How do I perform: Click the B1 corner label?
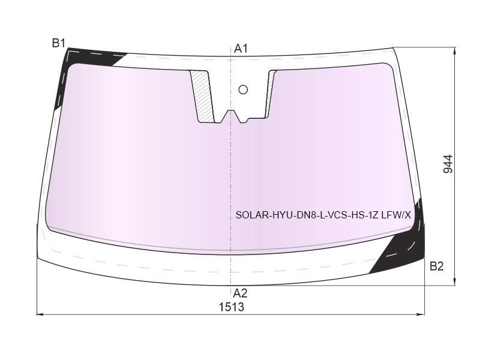click(58, 43)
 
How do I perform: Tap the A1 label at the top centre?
click(241, 49)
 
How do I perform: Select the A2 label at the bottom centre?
click(240, 293)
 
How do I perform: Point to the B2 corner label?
click(437, 266)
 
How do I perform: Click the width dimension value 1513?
click(232, 307)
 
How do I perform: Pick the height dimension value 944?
click(448, 164)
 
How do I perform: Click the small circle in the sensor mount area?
click(243, 89)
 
